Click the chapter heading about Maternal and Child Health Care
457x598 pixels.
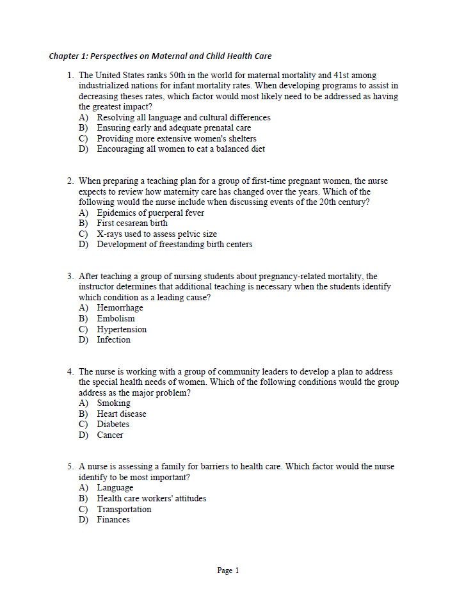click(160, 56)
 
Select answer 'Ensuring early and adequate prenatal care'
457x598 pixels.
click(173, 128)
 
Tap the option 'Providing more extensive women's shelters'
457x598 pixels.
click(176, 138)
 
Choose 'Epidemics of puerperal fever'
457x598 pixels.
click(150, 213)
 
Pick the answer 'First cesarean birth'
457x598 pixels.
click(132, 223)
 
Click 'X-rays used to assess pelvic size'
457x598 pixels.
click(157, 234)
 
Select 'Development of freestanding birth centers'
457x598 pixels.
click(174, 244)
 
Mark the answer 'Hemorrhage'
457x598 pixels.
click(120, 308)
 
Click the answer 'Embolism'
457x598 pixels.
click(116, 318)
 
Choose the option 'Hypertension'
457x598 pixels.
click(122, 329)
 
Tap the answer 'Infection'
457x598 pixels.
click(113, 339)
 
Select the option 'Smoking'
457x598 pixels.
click(113, 403)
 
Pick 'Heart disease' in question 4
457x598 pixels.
click(122, 414)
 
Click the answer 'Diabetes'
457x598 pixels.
click(113, 424)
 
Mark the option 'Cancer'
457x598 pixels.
click(110, 435)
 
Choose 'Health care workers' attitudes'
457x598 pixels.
click(151, 498)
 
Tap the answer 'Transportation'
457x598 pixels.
click(124, 509)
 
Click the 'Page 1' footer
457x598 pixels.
click(228, 570)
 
